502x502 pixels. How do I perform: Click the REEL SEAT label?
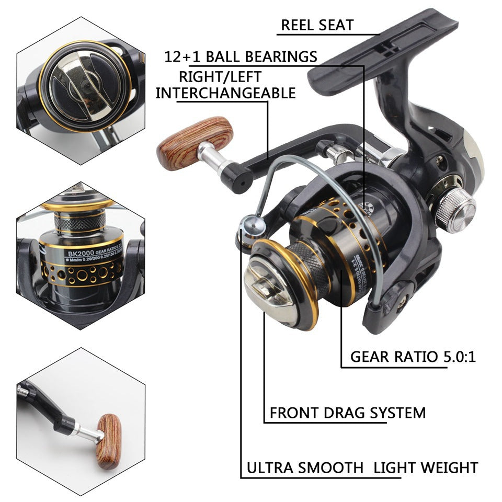[x=317, y=25]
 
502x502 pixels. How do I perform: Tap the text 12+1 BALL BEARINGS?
[x=241, y=56]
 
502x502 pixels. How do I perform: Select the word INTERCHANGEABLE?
[x=226, y=93]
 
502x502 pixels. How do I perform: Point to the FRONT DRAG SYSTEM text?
[x=347, y=413]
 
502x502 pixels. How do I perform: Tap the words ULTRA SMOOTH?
[x=304, y=467]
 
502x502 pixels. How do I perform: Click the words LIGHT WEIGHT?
[x=425, y=467]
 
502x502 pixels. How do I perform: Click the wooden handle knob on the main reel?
[x=195, y=142]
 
